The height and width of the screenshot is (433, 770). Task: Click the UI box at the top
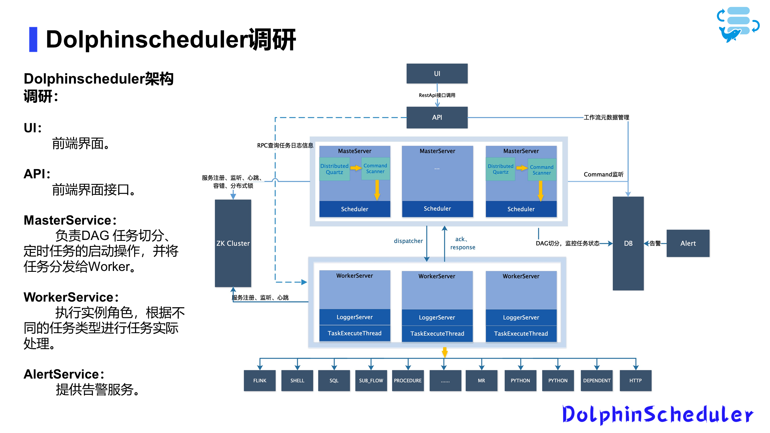(x=437, y=73)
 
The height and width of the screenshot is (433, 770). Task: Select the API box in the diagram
(x=437, y=117)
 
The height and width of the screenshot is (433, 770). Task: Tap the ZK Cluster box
(x=233, y=243)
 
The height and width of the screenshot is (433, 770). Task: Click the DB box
(x=628, y=243)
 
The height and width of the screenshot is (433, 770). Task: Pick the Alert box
(x=688, y=243)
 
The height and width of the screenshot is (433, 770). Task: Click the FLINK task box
(x=260, y=380)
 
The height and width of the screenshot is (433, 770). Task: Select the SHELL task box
(x=297, y=380)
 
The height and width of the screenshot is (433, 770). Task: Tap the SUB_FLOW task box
(x=371, y=380)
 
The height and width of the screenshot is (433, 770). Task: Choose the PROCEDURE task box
(x=408, y=380)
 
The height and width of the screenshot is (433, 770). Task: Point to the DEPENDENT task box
(x=596, y=380)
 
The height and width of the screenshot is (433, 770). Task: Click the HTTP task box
(x=635, y=380)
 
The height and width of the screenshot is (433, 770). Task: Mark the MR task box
(x=481, y=380)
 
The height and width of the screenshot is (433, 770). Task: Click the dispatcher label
(x=408, y=241)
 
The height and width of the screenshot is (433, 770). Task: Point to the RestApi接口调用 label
(x=437, y=95)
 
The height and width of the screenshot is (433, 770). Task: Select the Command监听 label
(x=603, y=174)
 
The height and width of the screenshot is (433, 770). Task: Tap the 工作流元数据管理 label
(x=606, y=117)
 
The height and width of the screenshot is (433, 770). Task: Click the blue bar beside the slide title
(x=33, y=39)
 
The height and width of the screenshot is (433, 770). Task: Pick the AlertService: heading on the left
(x=64, y=374)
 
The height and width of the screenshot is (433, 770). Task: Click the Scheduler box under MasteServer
(x=354, y=209)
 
